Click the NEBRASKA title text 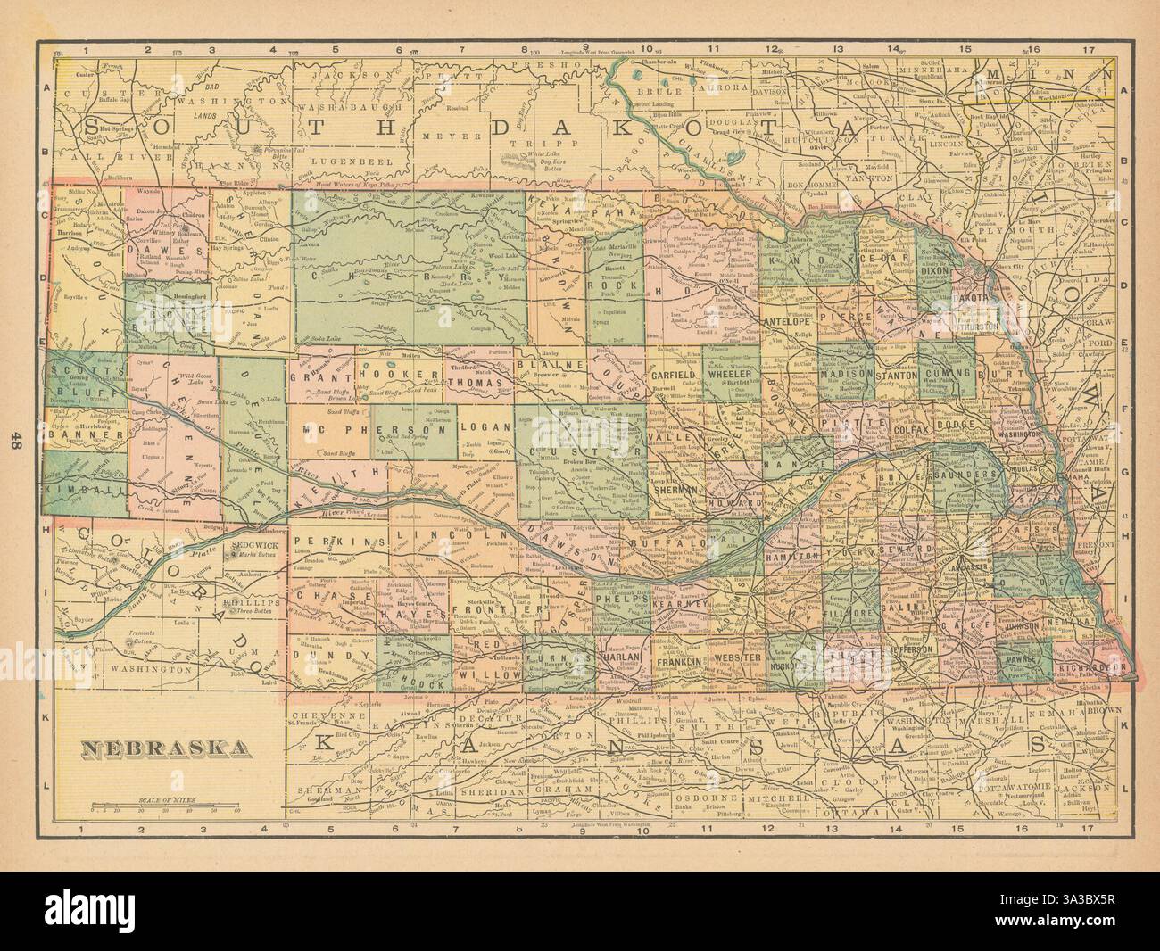(166, 747)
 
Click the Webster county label (737, 658)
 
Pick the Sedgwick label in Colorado (251, 542)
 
